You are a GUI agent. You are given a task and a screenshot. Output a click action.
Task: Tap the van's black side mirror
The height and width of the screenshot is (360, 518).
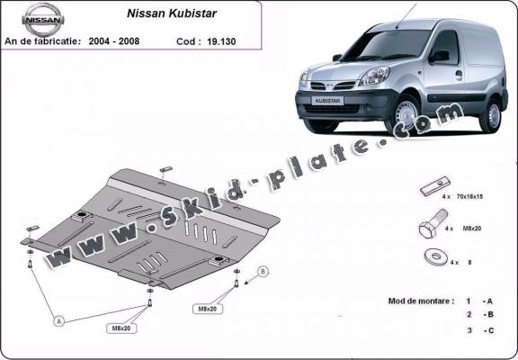point(439,56)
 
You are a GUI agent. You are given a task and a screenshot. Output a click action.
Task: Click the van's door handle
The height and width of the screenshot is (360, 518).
point(458,76)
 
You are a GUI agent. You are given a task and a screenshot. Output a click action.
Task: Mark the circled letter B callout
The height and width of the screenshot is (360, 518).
point(263,270)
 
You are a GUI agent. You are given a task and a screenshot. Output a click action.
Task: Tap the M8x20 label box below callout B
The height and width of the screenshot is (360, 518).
point(209,310)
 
